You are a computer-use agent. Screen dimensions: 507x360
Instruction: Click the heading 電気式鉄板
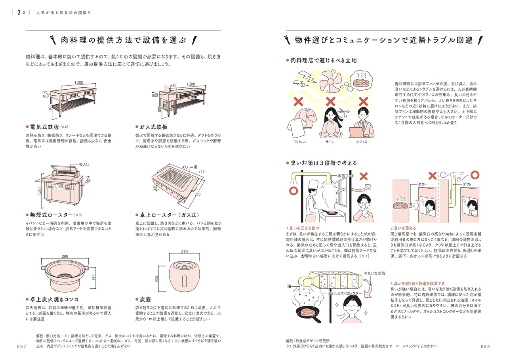[44, 127]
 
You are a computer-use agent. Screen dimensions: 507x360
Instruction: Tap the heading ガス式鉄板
[153, 127]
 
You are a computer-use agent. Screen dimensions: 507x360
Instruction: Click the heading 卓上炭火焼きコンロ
[54, 299]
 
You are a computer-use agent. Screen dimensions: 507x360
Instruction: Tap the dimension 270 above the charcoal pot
[184, 252]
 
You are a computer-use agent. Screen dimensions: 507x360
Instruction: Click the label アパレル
[300, 142]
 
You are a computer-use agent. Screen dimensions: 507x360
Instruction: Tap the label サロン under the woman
[330, 142]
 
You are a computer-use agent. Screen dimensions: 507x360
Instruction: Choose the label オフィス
[362, 142]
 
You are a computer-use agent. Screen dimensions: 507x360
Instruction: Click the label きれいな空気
[375, 274]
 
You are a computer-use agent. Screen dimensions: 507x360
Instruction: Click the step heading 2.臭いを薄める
[403, 228]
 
